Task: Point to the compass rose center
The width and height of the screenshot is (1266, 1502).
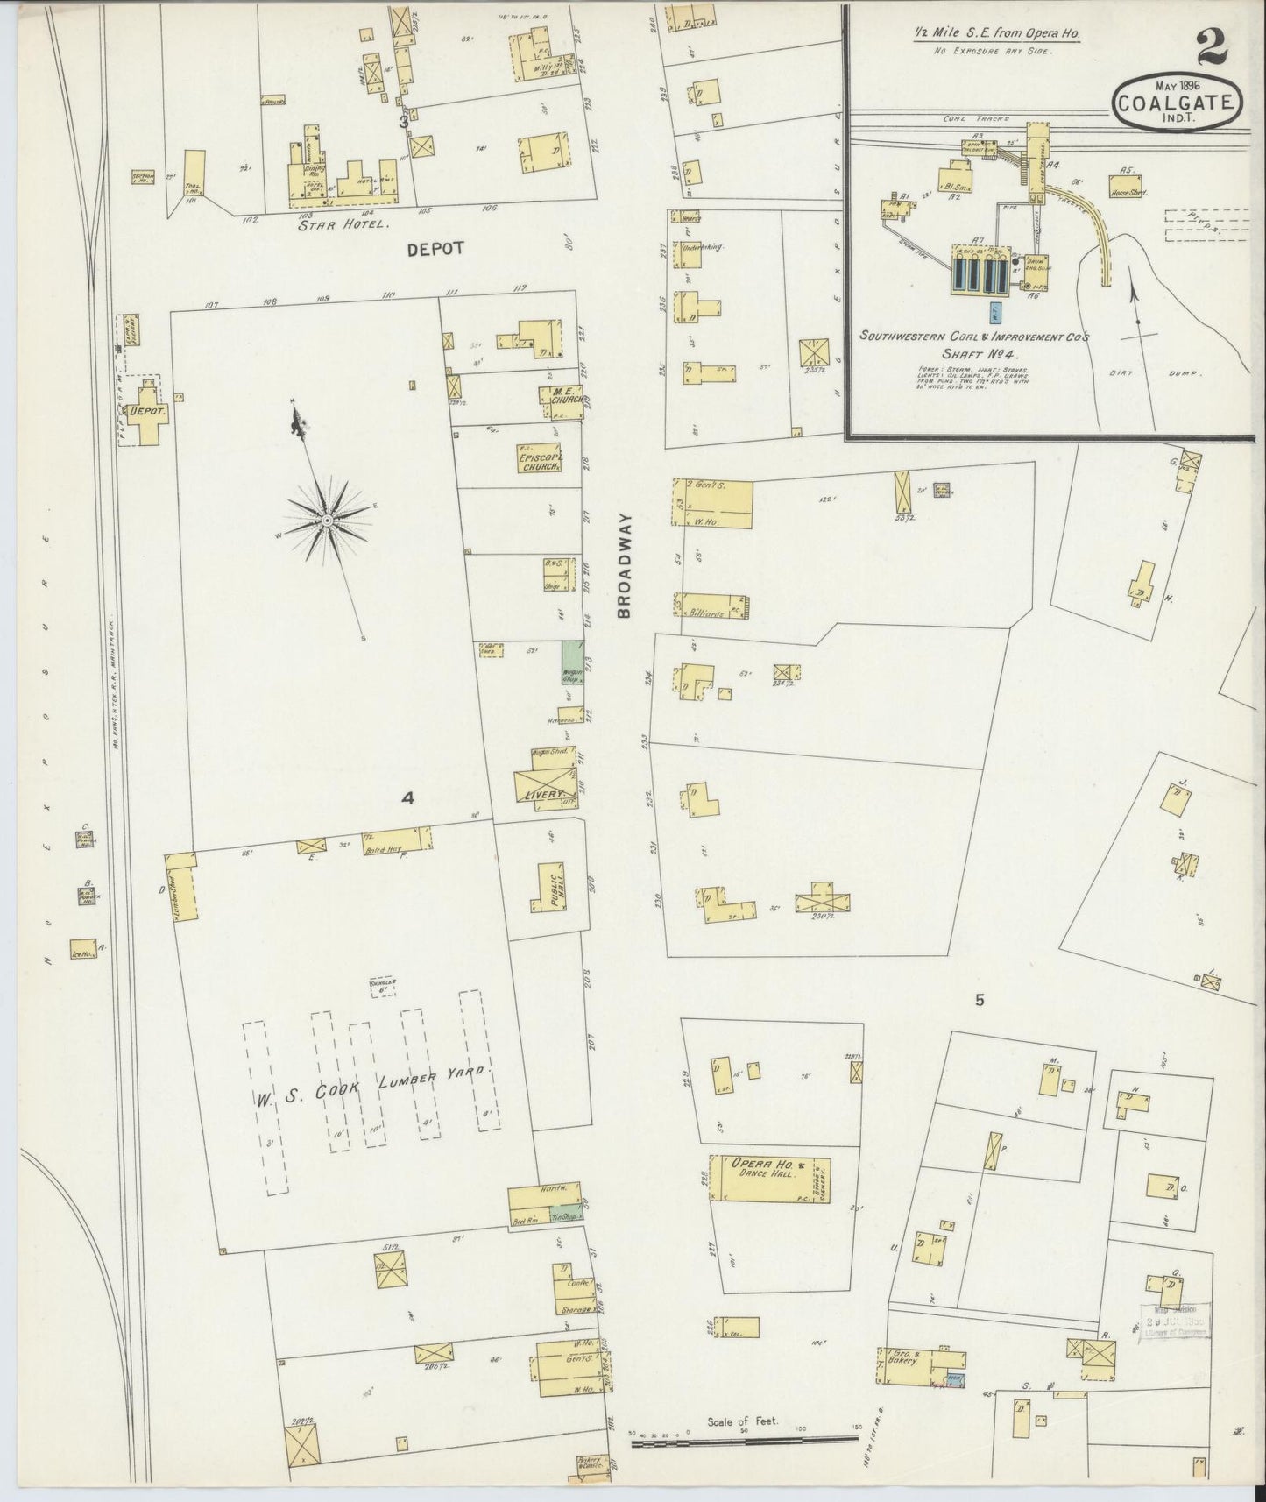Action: pos(327,521)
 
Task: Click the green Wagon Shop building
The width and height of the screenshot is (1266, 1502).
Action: pos(573,662)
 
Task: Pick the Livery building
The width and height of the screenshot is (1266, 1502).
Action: pos(544,783)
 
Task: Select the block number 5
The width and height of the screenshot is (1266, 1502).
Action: pos(980,999)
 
